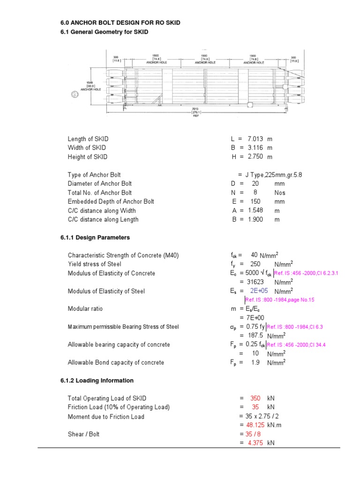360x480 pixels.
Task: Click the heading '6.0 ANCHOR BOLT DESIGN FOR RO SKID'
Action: coord(120,22)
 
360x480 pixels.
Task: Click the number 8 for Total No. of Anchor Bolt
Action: coord(255,193)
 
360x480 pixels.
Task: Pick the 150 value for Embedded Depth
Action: coord(255,202)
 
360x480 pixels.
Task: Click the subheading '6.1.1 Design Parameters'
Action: coord(95,238)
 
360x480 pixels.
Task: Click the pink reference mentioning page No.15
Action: coord(280,300)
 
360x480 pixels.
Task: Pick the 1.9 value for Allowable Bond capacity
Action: coord(255,362)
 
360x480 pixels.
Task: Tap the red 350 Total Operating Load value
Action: coord(255,398)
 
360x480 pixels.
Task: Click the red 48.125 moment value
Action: coord(256,425)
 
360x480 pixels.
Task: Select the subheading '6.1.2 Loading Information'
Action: coord(97,381)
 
